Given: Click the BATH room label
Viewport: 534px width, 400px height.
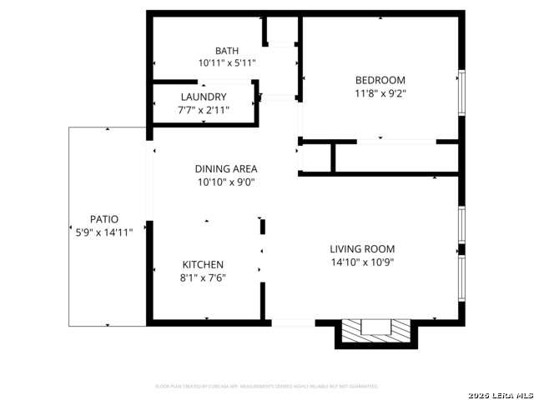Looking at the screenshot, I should (226, 50).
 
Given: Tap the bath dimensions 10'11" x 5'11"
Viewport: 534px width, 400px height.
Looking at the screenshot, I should (226, 62).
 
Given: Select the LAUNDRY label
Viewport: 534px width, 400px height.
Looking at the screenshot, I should (203, 97).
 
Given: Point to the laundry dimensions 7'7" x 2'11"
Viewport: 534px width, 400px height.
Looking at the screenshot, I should (203, 109).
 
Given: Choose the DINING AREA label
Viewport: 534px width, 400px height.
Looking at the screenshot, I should (225, 168).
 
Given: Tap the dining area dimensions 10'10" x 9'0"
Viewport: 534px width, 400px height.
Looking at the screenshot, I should (225, 182).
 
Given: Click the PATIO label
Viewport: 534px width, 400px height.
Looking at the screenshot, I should (103, 219).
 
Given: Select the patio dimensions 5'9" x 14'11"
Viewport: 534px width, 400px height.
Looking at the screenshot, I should (103, 232).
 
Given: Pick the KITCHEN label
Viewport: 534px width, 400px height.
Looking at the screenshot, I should (203, 265).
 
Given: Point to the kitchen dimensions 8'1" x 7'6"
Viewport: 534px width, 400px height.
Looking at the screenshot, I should (203, 277).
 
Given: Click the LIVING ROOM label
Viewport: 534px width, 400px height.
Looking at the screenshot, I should (361, 248).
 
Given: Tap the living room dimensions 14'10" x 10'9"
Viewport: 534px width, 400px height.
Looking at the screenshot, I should (361, 262).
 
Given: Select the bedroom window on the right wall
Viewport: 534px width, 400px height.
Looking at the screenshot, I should (461, 92).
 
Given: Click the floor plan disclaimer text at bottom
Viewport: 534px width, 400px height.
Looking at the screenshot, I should (267, 387).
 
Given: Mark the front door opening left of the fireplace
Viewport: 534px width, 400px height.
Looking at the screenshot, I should (293, 322).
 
